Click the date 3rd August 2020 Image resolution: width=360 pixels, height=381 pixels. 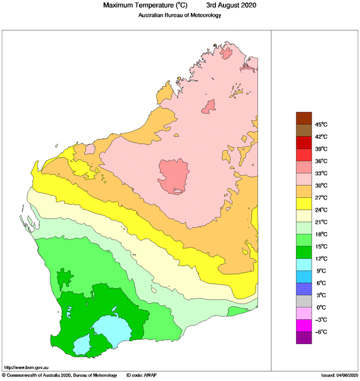click(x=231, y=6)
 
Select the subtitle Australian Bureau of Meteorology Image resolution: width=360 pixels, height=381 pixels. click(x=179, y=15)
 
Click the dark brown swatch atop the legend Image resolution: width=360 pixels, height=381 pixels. click(x=304, y=118)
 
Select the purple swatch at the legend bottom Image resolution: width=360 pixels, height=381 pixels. click(x=304, y=338)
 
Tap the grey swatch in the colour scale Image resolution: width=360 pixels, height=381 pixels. click(x=304, y=301)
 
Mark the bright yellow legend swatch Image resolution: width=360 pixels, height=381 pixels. click(x=304, y=204)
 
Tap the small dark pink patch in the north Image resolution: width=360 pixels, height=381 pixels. click(x=210, y=106)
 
